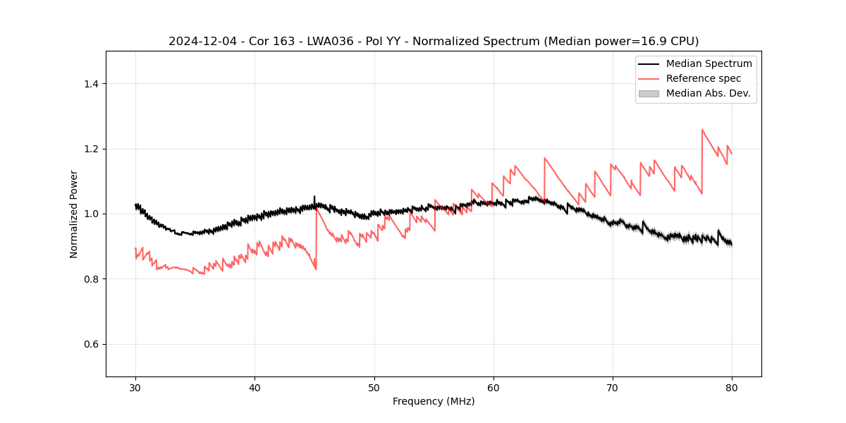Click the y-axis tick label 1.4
pos(91,84)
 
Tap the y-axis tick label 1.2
pos(91,149)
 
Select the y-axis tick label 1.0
pos(91,214)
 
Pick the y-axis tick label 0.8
pos(91,279)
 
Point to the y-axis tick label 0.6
pos(91,344)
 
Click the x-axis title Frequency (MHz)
pos(434,401)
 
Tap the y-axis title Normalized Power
pos(73,214)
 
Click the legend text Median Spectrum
pos(709,63)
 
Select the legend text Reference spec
pos(704,78)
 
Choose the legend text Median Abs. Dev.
pos(708,93)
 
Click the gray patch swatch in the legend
pos(649,93)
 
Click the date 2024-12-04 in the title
pos(202,42)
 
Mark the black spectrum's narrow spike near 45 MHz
pos(314,198)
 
